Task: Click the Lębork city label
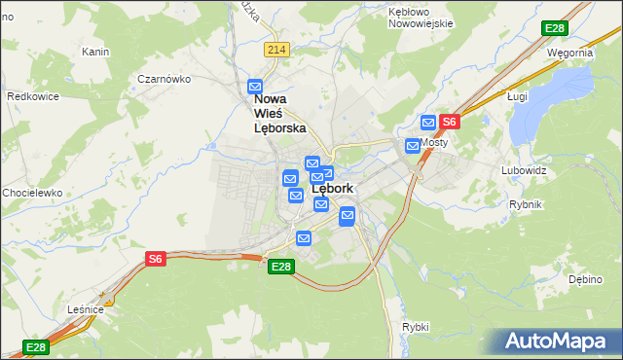click(x=333, y=189)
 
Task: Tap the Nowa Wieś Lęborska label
click(x=279, y=113)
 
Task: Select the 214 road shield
click(x=276, y=50)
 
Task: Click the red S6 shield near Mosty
click(x=449, y=122)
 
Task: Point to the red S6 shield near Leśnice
click(x=156, y=258)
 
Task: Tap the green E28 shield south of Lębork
click(x=280, y=267)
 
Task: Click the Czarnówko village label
click(x=163, y=79)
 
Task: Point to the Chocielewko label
click(x=32, y=193)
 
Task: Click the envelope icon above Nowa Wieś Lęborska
click(x=256, y=87)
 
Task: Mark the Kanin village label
click(x=94, y=52)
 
